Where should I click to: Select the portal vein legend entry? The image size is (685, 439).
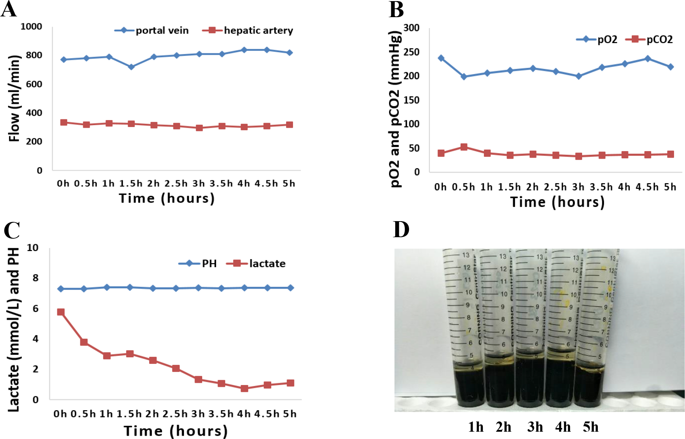[151, 30]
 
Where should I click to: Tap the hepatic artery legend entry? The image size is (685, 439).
[248, 30]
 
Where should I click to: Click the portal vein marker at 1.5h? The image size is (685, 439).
[131, 67]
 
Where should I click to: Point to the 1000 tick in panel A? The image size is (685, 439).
[31, 27]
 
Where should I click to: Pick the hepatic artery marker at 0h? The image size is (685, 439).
[64, 122]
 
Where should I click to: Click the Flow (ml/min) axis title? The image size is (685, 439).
[14, 99]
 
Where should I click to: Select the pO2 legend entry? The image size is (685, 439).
[597, 39]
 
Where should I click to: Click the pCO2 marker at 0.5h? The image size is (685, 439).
[464, 147]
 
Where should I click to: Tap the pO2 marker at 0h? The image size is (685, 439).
[441, 58]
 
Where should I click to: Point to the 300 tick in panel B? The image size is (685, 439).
[412, 28]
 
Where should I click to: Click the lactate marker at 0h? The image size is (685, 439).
[61, 312]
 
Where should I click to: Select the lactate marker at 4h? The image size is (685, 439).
[245, 388]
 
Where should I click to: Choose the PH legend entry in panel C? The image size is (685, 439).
[198, 263]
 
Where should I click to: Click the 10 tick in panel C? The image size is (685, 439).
[32, 248]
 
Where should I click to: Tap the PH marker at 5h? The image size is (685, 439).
[290, 288]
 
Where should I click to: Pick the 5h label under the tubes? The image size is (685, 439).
[590, 427]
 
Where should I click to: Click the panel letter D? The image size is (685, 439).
[401, 230]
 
